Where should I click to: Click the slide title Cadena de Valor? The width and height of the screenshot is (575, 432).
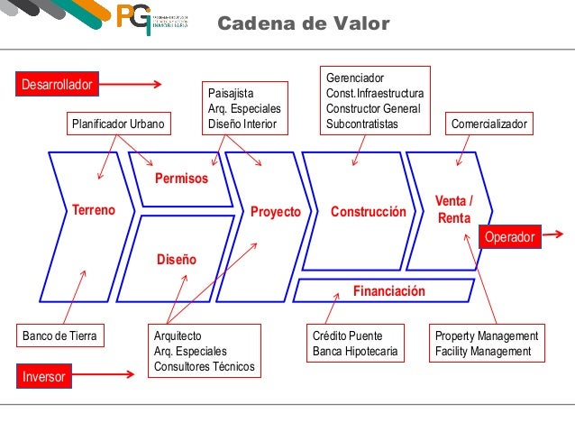coord(304,23)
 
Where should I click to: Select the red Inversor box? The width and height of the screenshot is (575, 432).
coord(43,377)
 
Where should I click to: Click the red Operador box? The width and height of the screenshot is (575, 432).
coord(510,237)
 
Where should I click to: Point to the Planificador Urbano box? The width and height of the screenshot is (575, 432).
coord(118,124)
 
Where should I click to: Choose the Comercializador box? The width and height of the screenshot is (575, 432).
coord(491,124)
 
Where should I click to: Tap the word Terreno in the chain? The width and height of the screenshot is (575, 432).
coord(94,211)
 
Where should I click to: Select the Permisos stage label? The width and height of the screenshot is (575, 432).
coord(180,179)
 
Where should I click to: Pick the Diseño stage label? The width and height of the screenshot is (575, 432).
coord(177,260)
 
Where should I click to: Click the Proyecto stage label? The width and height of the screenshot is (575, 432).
coord(275,212)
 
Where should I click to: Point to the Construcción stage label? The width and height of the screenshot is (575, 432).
coord(369,212)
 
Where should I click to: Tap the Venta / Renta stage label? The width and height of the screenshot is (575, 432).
coord(452,209)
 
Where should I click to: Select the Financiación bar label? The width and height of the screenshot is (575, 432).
coord(388,291)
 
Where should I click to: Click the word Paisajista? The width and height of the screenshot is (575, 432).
coord(231,93)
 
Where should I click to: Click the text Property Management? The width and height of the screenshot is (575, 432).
coord(486,335)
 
